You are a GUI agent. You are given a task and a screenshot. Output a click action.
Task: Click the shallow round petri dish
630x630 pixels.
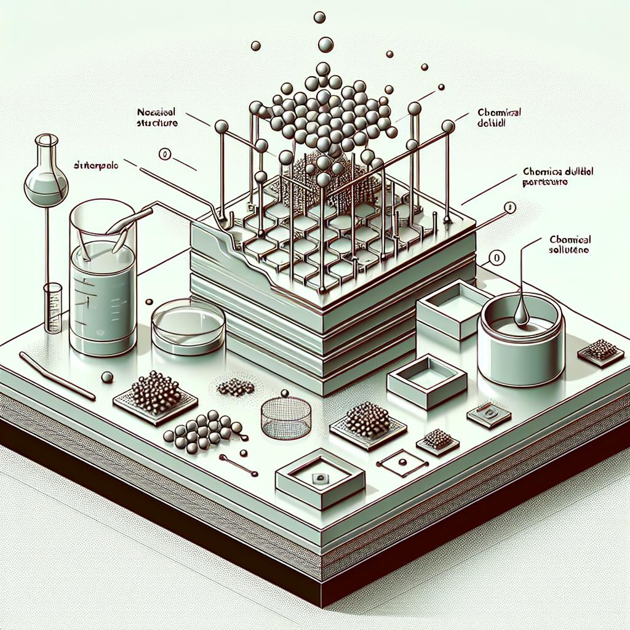click(188, 325)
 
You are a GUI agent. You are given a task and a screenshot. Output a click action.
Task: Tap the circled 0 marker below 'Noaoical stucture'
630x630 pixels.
click(165, 154)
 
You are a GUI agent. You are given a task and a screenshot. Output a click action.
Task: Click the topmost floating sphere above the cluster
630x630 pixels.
click(319, 17)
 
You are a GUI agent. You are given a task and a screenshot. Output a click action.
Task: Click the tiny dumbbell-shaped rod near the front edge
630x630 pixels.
click(238, 466)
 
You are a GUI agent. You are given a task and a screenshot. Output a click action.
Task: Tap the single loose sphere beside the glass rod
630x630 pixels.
click(107, 377)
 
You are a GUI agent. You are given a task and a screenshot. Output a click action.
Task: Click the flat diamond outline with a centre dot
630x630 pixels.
click(401, 462)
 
